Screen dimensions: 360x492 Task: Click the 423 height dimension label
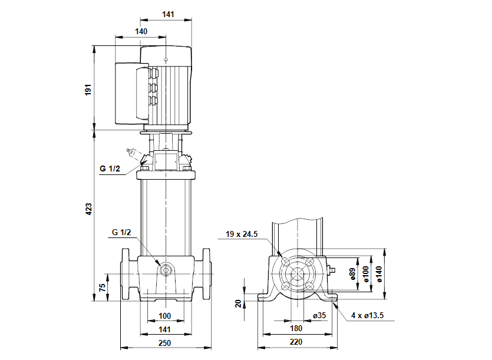click(x=88, y=209)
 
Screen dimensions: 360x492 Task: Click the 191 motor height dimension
click(x=88, y=90)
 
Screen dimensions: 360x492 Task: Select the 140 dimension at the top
click(x=141, y=32)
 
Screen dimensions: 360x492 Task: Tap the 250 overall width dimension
click(x=165, y=343)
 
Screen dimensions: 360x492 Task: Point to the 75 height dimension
click(x=102, y=288)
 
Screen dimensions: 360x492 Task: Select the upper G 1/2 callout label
click(x=110, y=169)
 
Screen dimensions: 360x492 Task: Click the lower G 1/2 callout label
click(x=121, y=232)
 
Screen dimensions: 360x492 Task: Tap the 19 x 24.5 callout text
click(x=242, y=234)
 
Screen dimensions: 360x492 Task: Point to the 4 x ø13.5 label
click(x=368, y=316)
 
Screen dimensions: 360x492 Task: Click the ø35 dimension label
click(x=319, y=316)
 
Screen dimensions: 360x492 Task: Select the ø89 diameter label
click(x=352, y=274)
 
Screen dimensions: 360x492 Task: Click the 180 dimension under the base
click(x=296, y=328)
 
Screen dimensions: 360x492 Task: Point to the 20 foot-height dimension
click(x=238, y=303)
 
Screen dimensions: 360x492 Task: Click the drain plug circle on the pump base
click(x=166, y=271)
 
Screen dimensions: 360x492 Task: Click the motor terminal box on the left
click(x=128, y=93)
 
